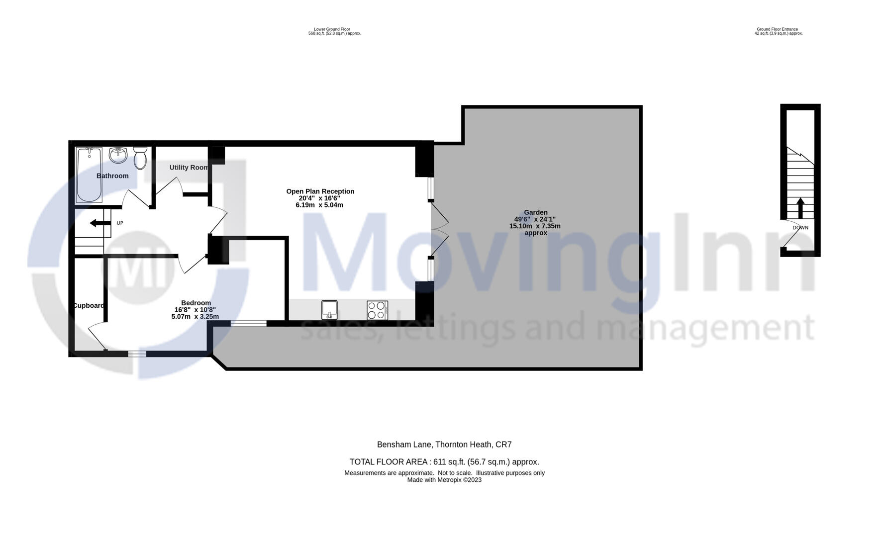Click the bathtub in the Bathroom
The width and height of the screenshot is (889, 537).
coord(90,175)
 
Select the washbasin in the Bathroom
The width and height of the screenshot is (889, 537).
coord(118,155)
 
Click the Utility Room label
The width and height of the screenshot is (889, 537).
coord(188,168)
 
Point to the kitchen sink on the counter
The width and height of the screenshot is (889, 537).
coord(329,310)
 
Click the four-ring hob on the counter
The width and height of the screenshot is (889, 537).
coord(377,310)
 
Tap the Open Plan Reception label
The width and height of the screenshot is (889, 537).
coord(320,191)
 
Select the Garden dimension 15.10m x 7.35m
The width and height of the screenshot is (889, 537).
coord(535,226)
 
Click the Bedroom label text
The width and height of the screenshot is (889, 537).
coord(196,303)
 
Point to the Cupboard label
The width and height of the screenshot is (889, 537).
coord(89,306)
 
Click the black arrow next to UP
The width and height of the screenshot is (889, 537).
coord(100,223)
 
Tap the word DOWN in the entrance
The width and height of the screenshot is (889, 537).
coord(800,228)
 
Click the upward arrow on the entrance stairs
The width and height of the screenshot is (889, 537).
coord(800,208)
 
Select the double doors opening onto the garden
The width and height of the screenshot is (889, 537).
coord(440,229)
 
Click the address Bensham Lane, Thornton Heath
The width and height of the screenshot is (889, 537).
coord(444,445)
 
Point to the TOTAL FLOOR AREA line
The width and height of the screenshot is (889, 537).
coord(444,462)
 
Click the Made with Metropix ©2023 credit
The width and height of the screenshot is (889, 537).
coord(444,480)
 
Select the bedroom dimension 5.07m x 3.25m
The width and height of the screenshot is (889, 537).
coord(195,317)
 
